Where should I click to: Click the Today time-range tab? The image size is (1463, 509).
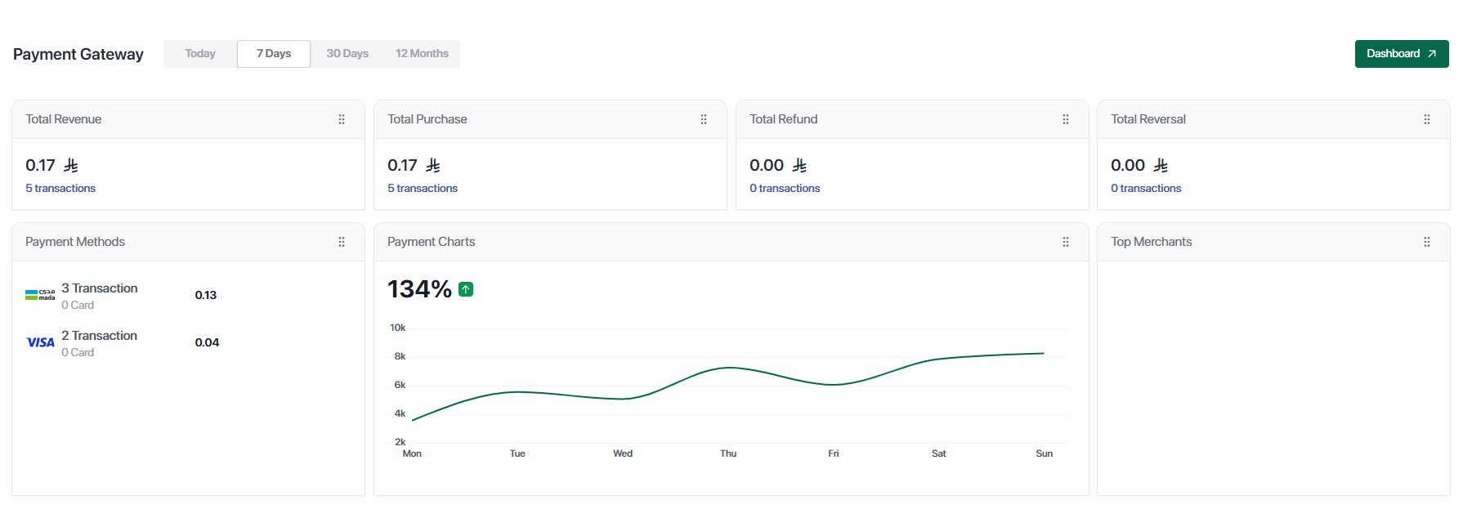point(200,54)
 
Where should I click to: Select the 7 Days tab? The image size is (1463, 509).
point(274,54)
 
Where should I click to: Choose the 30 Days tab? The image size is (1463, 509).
point(347,54)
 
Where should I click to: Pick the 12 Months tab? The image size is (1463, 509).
point(422,54)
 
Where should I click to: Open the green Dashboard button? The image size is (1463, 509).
point(1401,54)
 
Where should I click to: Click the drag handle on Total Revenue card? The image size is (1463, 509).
point(342,119)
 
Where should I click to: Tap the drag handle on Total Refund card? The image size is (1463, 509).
point(1066,119)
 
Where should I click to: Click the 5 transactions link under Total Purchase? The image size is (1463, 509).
point(423,189)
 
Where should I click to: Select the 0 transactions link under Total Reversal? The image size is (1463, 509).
point(1146,189)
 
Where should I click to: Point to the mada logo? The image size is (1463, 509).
point(40,295)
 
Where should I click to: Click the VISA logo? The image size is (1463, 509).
point(40,342)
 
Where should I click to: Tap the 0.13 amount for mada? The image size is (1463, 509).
point(206,296)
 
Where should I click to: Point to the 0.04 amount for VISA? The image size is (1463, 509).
point(207,343)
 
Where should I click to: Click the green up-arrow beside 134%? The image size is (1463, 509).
point(466,289)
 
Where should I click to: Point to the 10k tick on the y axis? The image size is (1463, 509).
point(398,328)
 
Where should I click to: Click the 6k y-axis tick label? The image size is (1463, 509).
point(400,385)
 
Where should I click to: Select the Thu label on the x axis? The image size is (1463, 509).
point(728,453)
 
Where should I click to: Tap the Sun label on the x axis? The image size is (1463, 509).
point(1044,453)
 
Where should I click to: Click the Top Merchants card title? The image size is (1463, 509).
point(1151,242)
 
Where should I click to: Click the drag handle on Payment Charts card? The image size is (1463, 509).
point(1066,242)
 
